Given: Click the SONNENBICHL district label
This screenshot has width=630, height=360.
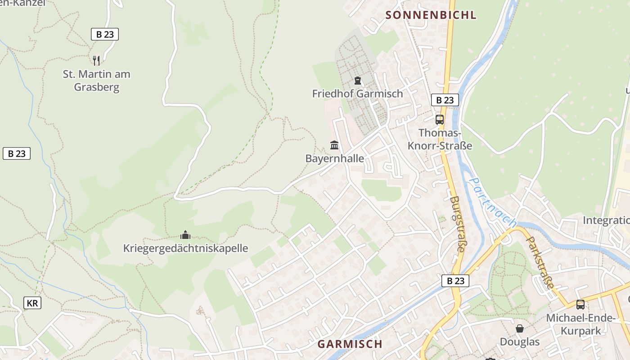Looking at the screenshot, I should coord(431,15).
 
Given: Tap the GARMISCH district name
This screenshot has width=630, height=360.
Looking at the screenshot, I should coord(350,344).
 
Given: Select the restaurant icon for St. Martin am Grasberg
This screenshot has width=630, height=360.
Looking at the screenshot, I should coord(96,60).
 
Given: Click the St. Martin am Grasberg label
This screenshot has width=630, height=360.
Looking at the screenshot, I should coord(96,81).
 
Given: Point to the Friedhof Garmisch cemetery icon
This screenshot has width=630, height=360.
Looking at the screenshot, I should coord(357,81).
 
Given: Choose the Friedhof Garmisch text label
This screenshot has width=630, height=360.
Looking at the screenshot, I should coord(357,94).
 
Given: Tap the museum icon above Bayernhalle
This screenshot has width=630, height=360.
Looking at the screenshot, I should coord(334,145).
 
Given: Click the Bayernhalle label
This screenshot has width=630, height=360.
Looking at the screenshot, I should coord(334,158).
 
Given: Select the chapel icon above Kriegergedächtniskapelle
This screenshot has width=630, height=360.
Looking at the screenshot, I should coord(185,235).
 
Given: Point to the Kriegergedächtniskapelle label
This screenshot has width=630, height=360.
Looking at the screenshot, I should coord(185,248).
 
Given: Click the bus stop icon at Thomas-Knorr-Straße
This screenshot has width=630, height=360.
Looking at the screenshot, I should coord(440,120).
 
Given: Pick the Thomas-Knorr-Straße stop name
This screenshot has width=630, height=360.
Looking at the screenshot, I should coord(440,139).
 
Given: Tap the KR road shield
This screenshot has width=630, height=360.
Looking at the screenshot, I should coord(32,303).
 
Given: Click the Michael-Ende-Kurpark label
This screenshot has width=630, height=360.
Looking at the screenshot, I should coord(580,324).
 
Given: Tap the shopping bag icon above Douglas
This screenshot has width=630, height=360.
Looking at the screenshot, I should coord(520,328).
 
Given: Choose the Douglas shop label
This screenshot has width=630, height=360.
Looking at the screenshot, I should coord(520,342).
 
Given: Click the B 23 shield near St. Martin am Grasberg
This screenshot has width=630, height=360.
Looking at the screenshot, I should coord(105,34).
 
